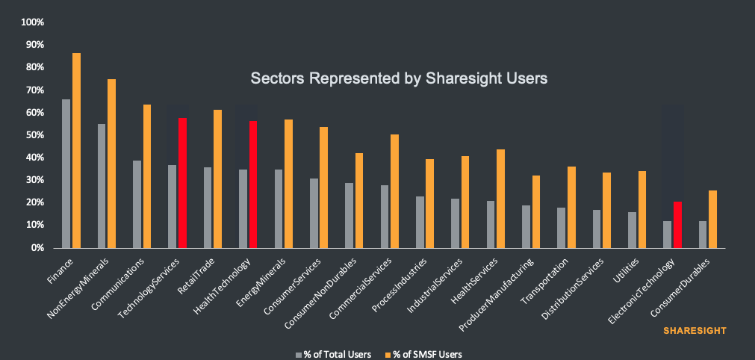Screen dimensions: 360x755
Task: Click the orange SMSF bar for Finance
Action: pyautogui.click(x=76, y=150)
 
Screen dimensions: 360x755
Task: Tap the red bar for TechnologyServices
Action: pyautogui.click(x=182, y=183)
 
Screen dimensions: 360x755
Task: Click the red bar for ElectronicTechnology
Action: pyautogui.click(x=677, y=225)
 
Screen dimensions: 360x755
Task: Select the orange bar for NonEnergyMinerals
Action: pyautogui.click(x=111, y=164)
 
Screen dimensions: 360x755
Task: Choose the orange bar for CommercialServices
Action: pyautogui.click(x=394, y=191)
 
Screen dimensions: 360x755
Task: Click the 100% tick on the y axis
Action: pyautogui.click(x=33, y=22)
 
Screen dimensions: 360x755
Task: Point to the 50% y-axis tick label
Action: pyautogui.click(x=35, y=135)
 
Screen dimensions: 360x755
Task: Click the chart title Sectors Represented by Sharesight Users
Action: pyautogui.click(x=399, y=78)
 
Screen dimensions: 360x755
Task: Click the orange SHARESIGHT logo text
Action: pyautogui.click(x=695, y=329)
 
